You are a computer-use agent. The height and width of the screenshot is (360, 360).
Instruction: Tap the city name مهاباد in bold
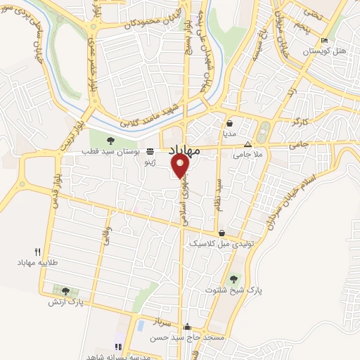185,150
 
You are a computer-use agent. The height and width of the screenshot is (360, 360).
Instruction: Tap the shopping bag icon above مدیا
230,122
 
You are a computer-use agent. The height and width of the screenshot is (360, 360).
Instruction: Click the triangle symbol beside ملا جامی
246,145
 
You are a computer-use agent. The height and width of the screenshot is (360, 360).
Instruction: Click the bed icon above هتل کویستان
323,40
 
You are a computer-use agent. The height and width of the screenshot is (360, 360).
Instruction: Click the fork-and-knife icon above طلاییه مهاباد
37,251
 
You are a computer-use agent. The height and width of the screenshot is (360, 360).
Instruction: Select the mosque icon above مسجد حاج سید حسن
187,327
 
